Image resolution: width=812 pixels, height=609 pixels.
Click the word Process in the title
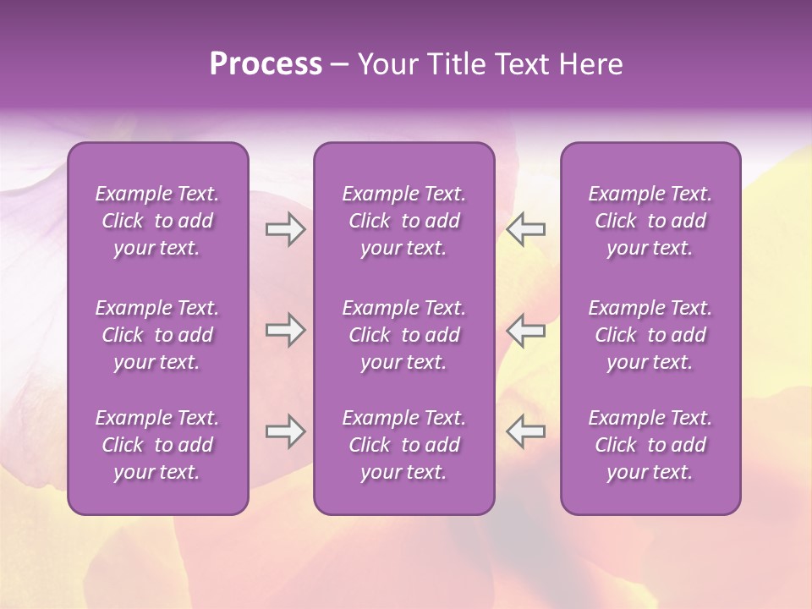pyautogui.click(x=266, y=64)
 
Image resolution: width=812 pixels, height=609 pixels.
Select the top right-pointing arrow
pyautogui.click(x=285, y=229)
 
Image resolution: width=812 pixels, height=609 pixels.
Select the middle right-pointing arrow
pyautogui.click(x=285, y=330)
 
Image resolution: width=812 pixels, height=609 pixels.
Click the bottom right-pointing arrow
pyautogui.click(x=285, y=431)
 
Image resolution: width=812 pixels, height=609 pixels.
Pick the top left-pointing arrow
pyautogui.click(x=525, y=229)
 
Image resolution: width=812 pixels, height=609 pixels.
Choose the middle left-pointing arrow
pyautogui.click(x=525, y=330)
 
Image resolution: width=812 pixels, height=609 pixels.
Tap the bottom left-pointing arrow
pyautogui.click(x=525, y=431)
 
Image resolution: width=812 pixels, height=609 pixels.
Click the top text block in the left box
pyautogui.click(x=157, y=221)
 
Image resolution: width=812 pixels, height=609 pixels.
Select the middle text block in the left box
pyautogui.click(x=157, y=335)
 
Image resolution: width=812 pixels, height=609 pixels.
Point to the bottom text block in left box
pyautogui.click(x=157, y=445)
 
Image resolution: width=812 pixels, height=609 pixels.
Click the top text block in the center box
pyautogui.click(x=404, y=221)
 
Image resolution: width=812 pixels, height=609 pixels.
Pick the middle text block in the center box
pyautogui.click(x=404, y=335)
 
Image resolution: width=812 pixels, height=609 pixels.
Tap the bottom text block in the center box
pyautogui.click(x=404, y=445)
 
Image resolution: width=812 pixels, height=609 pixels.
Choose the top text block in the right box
pyautogui.click(x=650, y=221)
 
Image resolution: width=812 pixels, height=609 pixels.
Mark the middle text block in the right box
pyautogui.click(x=650, y=335)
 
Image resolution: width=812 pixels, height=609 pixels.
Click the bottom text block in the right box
pyautogui.click(x=650, y=445)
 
